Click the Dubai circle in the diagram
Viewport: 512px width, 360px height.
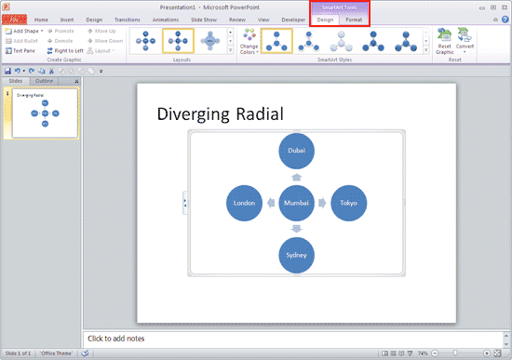pos(297,150)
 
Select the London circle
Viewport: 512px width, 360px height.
pos(245,203)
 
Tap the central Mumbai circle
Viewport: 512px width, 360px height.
pos(297,203)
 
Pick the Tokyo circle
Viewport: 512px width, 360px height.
pos(349,203)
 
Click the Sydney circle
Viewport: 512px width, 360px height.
pos(297,255)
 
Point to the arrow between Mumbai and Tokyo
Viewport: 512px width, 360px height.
pos(323,203)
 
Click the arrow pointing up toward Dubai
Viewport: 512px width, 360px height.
pos(297,176)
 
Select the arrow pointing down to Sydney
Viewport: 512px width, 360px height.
pos(297,229)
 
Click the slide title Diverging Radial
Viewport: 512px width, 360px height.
pos(220,113)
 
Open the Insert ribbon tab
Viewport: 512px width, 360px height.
pos(67,19)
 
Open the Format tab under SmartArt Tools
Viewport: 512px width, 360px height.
pos(354,19)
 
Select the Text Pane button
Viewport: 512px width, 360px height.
pos(20,50)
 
